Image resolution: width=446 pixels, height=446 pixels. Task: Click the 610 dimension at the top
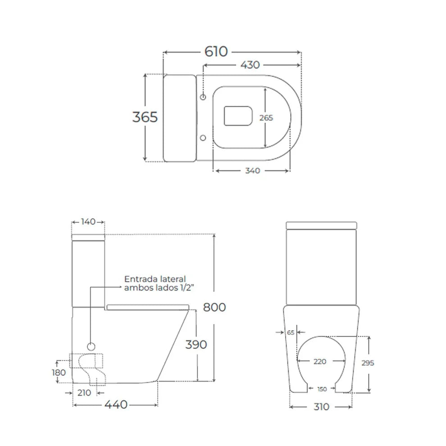pos(216,52)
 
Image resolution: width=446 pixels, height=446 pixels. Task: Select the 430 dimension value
pos(250,65)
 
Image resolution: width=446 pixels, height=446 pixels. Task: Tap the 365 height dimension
pos(145,117)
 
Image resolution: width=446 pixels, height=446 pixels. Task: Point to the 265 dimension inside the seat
pos(266,118)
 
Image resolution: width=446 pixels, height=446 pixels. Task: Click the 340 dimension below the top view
pos(253,171)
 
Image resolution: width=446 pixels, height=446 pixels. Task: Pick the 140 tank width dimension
pos(88,222)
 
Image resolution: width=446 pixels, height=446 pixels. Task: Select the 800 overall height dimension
pos(214,307)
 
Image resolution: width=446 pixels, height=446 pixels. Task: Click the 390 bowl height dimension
pos(196,345)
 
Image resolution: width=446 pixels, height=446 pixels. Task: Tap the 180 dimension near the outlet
pos(59,372)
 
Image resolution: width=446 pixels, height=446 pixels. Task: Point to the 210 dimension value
pos(84,393)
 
